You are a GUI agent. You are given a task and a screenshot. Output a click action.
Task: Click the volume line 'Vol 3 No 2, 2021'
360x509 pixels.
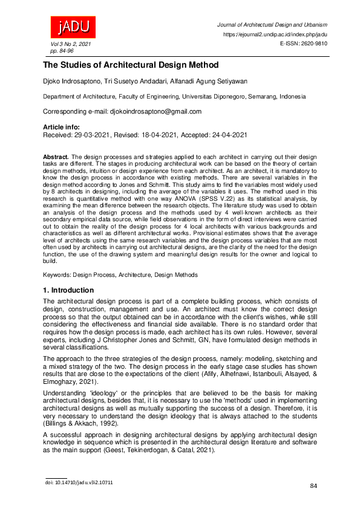pyautogui.click(x=66, y=45)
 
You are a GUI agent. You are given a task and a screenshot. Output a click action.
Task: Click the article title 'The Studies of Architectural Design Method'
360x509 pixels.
pyautogui.click(x=129, y=65)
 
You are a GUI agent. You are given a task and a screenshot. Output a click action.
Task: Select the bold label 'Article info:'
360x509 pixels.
pyautogui.click(x=61, y=128)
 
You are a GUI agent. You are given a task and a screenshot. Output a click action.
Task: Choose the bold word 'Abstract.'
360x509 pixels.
pyautogui.click(x=56, y=157)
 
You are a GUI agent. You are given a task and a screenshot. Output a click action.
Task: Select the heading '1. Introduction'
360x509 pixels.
pyautogui.click(x=68, y=291)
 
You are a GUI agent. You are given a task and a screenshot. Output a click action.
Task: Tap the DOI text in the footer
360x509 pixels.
pyautogui.click(x=79, y=482)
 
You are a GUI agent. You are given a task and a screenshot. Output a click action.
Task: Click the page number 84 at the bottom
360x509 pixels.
pyautogui.click(x=313, y=486)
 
